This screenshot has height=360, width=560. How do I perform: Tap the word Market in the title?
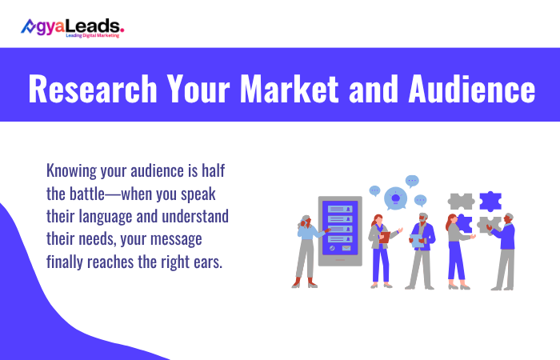point(292,90)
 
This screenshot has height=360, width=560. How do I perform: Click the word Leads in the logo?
point(100,26)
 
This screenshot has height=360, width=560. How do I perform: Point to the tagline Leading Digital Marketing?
point(92,36)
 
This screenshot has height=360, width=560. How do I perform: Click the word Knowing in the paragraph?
point(73,170)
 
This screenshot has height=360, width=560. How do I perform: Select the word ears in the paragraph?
point(204,261)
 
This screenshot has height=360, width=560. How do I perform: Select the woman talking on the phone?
point(306,250)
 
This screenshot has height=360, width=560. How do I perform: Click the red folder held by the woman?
point(385,237)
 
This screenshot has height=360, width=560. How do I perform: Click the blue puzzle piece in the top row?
point(490,202)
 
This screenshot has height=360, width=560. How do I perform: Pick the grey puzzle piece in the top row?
point(462,202)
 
